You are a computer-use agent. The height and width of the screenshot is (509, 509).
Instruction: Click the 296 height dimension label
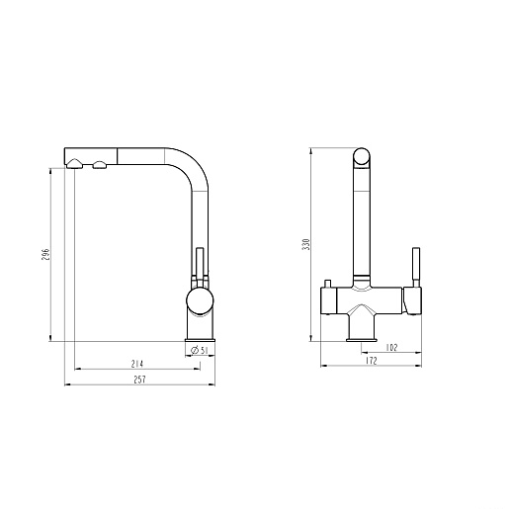click(x=45, y=255)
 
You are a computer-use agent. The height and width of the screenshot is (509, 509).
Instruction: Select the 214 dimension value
click(x=137, y=364)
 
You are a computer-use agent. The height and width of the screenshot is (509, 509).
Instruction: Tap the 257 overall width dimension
click(x=139, y=380)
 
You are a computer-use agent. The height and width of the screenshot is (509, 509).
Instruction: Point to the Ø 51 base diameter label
click(x=200, y=350)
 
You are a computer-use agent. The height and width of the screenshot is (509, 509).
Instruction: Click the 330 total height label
click(x=306, y=244)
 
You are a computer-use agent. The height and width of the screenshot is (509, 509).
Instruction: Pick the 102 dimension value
click(x=391, y=348)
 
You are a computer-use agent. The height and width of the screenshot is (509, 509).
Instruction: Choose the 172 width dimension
click(x=372, y=361)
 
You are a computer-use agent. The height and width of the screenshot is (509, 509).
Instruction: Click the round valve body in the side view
click(x=200, y=300)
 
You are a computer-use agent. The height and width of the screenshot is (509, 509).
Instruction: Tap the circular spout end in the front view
click(x=362, y=156)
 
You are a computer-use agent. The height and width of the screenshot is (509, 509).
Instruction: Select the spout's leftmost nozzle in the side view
click(x=74, y=163)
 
